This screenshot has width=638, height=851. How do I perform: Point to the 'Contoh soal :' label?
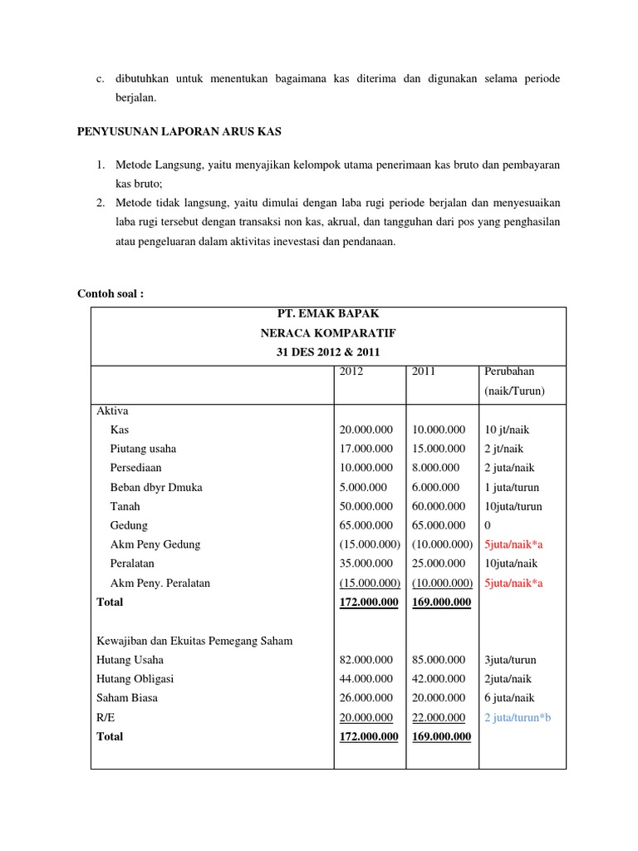point(110,293)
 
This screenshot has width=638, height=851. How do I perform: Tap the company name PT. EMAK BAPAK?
point(327,314)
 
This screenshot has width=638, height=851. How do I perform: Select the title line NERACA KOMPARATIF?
point(327,333)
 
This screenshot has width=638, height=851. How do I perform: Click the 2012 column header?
point(352,371)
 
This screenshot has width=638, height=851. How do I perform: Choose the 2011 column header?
point(424,371)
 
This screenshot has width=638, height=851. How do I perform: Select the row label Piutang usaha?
point(143,449)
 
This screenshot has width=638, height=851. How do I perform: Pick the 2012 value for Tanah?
point(366,506)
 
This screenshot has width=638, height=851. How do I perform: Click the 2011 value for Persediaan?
point(435,468)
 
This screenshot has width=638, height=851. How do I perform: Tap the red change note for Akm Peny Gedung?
point(513,544)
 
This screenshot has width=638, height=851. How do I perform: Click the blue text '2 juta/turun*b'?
point(517,717)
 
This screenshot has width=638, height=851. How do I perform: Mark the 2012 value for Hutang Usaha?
point(366,660)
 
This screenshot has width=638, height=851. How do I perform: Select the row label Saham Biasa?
point(127,698)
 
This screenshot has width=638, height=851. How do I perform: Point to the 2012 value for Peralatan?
point(366,563)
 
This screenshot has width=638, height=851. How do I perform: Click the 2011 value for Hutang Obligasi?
point(439,679)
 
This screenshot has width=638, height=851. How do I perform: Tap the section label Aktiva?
point(112,411)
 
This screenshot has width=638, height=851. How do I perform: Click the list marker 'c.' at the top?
point(100,78)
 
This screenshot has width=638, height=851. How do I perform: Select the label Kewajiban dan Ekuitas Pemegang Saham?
point(194,641)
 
